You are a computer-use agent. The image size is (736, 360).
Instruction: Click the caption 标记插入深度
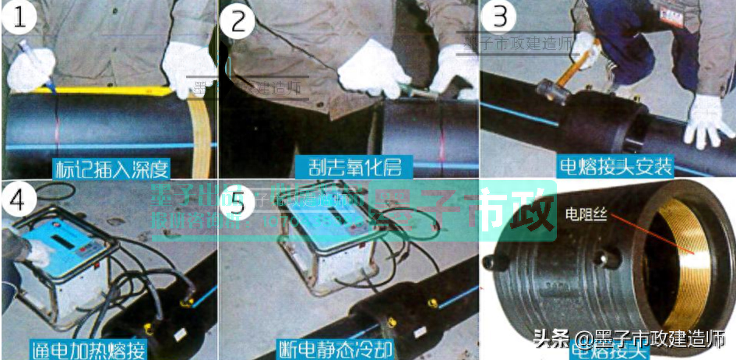[x=111, y=168]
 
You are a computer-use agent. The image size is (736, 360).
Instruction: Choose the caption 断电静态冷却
[x=336, y=348]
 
